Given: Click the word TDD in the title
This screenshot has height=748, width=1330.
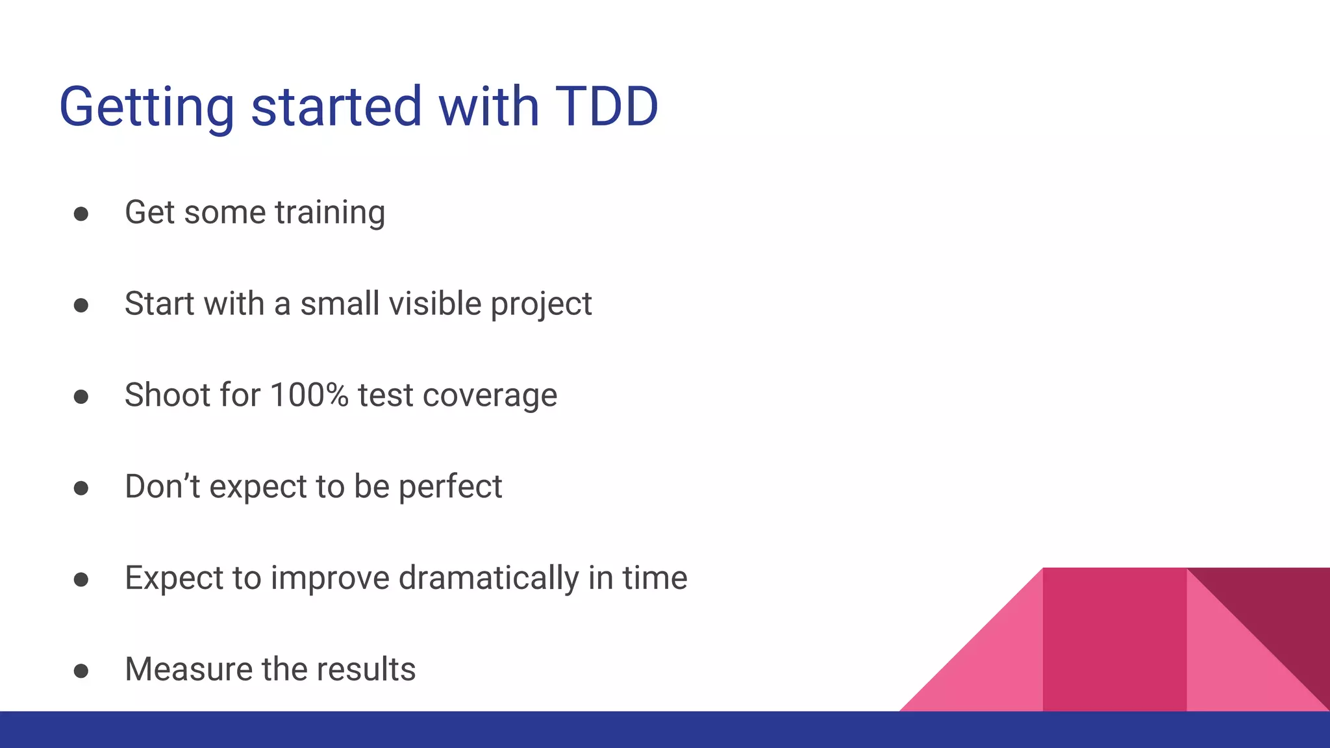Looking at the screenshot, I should (x=607, y=106).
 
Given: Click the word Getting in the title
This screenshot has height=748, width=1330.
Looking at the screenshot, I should (x=147, y=108).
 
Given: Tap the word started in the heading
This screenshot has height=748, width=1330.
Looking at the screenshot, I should (x=336, y=106).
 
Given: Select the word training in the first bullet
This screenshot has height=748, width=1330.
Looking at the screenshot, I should (x=330, y=213).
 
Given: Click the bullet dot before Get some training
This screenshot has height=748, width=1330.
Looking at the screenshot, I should (x=81, y=214).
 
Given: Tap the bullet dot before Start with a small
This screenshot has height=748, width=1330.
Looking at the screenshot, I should (x=81, y=305).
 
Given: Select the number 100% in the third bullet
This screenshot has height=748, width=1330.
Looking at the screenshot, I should (x=309, y=395).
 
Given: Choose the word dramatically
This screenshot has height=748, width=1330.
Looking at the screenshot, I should (x=488, y=579).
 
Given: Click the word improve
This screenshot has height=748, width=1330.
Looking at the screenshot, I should (x=330, y=579).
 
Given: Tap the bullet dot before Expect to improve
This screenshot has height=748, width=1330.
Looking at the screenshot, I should (x=81, y=579).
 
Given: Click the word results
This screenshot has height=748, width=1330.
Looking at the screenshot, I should (x=366, y=669).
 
